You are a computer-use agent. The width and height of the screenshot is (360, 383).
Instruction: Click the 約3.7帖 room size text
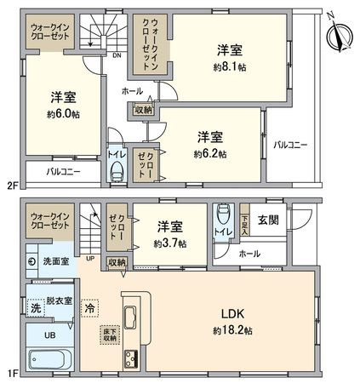tap(169, 242)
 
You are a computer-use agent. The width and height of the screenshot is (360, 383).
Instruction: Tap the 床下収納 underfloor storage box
tap(109, 334)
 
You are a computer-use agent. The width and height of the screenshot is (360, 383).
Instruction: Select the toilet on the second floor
tap(117, 171)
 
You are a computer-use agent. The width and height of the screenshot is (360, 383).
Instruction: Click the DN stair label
tap(116, 56)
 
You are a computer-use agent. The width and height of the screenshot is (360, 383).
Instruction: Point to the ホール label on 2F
tap(132, 89)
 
